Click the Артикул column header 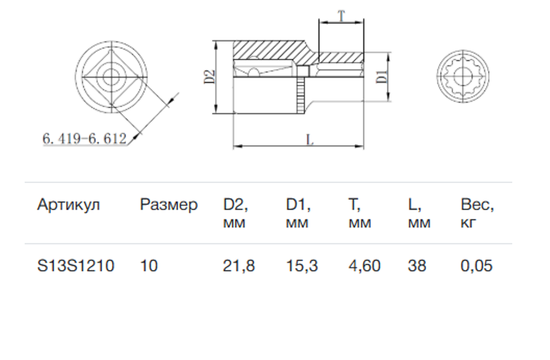coord(68,205)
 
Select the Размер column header coord(169,205)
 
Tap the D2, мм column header coord(235,213)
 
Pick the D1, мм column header coord(298,213)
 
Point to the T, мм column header coord(360,213)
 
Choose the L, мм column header coord(419,213)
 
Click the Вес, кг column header coord(477,213)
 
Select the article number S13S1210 coord(76,266)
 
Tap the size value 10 coord(149,266)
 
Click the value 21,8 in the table coord(239,266)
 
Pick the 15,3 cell coord(302,266)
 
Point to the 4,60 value coord(365,266)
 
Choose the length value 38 coord(417,266)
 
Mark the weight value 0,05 coord(476,266)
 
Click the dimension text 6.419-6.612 coord(85,139)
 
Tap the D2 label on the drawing coord(210,77)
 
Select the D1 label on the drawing coord(382,77)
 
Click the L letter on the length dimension coord(310,139)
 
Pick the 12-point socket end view coord(463,76)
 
